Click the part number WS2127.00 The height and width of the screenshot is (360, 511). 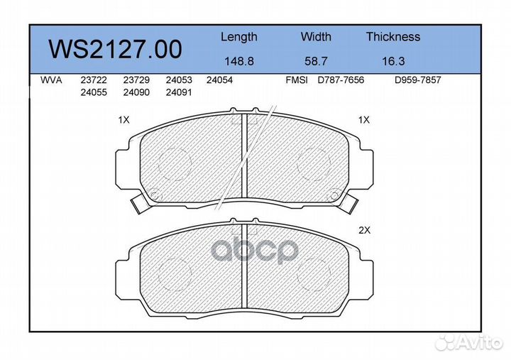tap(115, 49)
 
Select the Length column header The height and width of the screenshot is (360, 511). tap(239, 37)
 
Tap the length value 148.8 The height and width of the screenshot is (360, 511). tap(239, 61)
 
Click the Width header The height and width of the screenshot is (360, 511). tap(316, 36)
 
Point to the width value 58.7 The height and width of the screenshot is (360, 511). tap(316, 61)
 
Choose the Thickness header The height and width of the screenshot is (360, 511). tap(393, 36)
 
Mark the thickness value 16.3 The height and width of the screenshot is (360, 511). tap(393, 61)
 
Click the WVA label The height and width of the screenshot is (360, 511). tap(51, 80)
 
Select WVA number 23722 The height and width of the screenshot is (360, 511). tap(94, 80)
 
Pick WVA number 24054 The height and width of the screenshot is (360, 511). tap(219, 80)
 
